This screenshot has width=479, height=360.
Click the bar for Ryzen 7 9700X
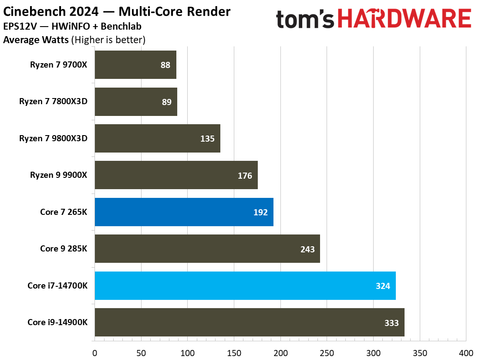135,65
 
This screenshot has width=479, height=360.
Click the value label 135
208,139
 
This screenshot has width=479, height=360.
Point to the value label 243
307,249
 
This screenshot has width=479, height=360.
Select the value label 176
245,175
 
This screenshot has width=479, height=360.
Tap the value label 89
166,102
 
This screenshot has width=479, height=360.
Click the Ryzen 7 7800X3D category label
53,102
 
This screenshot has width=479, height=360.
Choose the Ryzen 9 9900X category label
58,175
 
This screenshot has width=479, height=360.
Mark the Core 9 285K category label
64,249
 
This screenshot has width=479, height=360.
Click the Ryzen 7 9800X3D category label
53,139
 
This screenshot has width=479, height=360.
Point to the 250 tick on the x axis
327,352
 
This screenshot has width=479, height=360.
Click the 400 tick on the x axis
466,352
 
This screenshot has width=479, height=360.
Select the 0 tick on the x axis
94,352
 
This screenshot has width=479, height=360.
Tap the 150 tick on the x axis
234,352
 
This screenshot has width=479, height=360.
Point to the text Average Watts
36,40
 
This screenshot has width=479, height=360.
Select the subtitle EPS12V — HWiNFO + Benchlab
72,26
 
